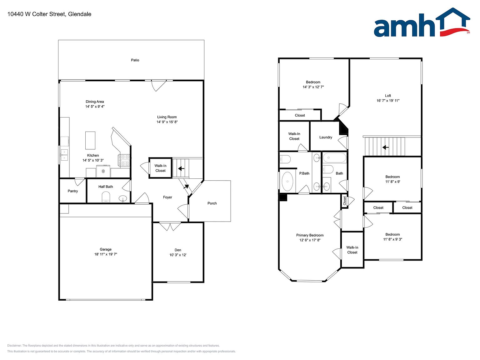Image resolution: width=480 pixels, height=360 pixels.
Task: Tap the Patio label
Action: pyautogui.click(x=135, y=60)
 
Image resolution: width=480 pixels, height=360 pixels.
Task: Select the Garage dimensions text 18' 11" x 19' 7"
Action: pyautogui.click(x=106, y=254)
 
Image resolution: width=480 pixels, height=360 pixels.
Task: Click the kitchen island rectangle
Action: pyautogui.click(x=90, y=140)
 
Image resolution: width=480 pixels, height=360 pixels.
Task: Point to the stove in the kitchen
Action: pyautogui.click(x=124, y=160)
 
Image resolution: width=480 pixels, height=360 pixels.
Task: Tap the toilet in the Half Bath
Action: pyautogui.click(x=106, y=197)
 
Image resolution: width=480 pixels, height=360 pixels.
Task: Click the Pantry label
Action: pyautogui.click(x=73, y=191)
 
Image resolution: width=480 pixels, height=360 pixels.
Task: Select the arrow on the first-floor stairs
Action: pyautogui.click(x=181, y=168)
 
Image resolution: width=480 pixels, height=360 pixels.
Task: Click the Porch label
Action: pyautogui.click(x=212, y=203)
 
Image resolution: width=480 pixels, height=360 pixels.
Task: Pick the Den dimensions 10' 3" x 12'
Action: pyautogui.click(x=178, y=255)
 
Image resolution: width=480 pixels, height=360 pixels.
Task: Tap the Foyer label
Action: pyautogui.click(x=167, y=197)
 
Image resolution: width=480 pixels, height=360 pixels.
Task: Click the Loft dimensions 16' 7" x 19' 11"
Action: pyautogui.click(x=388, y=101)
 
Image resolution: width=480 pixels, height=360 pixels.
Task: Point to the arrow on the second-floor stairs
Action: pyautogui.click(x=386, y=147)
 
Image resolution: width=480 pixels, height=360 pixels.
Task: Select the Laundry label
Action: pyautogui.click(x=326, y=137)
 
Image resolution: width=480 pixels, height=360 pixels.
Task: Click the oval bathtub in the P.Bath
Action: pyautogui.click(x=287, y=182)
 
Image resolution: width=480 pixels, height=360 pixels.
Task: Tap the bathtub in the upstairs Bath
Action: pyautogui.click(x=335, y=157)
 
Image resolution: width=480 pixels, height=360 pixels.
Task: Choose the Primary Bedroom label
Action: pyautogui.click(x=310, y=235)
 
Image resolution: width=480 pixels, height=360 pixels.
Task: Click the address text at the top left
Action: pyautogui.click(x=49, y=14)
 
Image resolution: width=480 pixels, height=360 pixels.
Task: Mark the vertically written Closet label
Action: pyautogui.click(x=345, y=201)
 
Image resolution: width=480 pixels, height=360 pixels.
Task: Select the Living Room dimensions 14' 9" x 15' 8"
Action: pyautogui.click(x=167, y=122)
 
